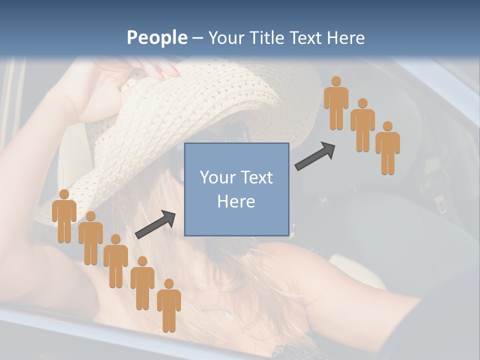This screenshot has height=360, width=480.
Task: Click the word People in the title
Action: tap(156, 38)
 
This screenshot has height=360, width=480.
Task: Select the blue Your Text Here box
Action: tap(236, 189)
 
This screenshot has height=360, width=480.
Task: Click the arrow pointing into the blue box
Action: tap(155, 224)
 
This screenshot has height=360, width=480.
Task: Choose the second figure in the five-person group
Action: tap(90, 238)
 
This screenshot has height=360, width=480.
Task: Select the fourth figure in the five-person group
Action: tap(142, 283)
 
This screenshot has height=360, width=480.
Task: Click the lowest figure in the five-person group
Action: tap(169, 305)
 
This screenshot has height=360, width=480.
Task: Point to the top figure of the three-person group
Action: tap(336, 103)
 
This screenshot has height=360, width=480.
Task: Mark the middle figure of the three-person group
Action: tap(362, 125)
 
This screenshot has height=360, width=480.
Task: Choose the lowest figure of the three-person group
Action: tap(387, 148)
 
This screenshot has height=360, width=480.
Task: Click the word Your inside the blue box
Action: tap(217, 177)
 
